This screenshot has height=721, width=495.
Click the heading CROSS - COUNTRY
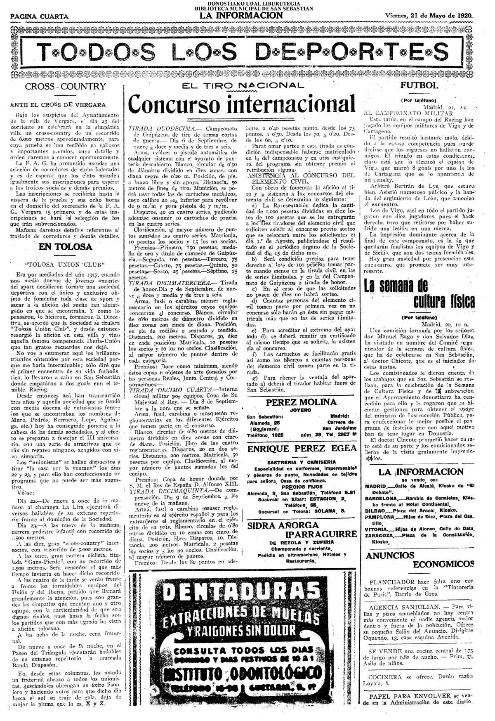point(66,87)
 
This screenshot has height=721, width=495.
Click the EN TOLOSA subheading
point(65,247)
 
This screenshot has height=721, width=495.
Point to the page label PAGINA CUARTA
point(40,17)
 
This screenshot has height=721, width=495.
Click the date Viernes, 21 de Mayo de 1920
point(429,15)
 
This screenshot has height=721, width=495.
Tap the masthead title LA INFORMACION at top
point(242,16)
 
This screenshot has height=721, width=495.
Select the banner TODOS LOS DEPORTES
point(243,52)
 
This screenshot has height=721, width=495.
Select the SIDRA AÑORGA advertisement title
point(283,525)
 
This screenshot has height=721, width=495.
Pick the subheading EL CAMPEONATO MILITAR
point(408,112)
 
